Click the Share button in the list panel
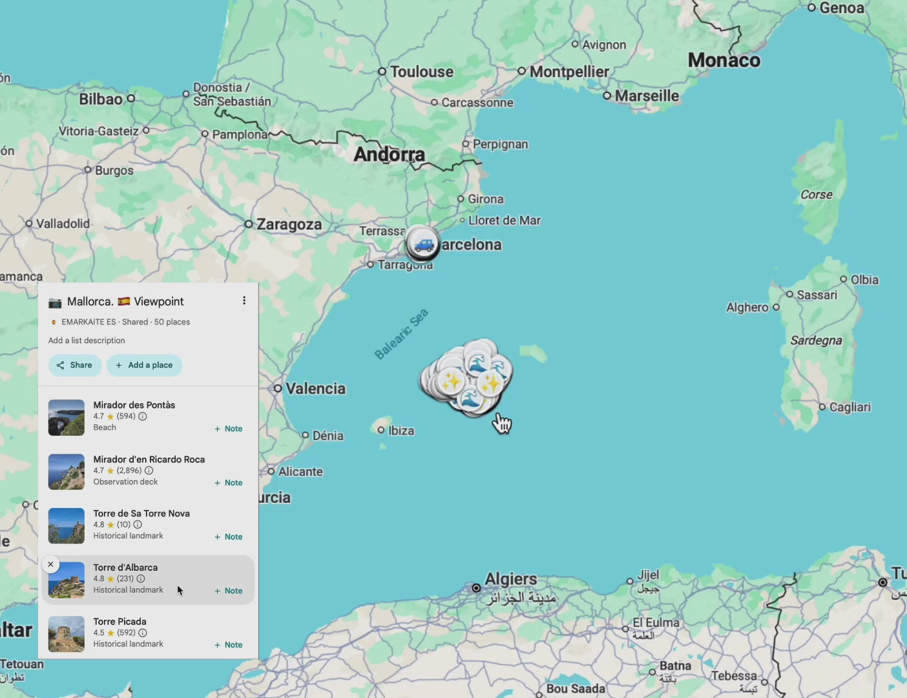(75, 365)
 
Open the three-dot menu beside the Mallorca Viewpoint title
(244, 301)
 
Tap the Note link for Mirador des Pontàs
(229, 428)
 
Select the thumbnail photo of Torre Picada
(67, 634)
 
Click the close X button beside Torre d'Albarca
(50, 564)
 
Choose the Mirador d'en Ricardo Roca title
(149, 460)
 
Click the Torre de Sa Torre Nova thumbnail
(67, 526)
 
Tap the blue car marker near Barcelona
(423, 245)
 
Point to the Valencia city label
(315, 388)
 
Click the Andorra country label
(390, 154)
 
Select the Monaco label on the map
(724, 61)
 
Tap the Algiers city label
(510, 579)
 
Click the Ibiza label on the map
(401, 430)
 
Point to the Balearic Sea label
(401, 334)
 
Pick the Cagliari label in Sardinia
(850, 407)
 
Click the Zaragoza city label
(289, 224)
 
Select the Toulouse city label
(421, 72)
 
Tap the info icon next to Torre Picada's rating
(143, 633)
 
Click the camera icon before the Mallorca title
(56, 302)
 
